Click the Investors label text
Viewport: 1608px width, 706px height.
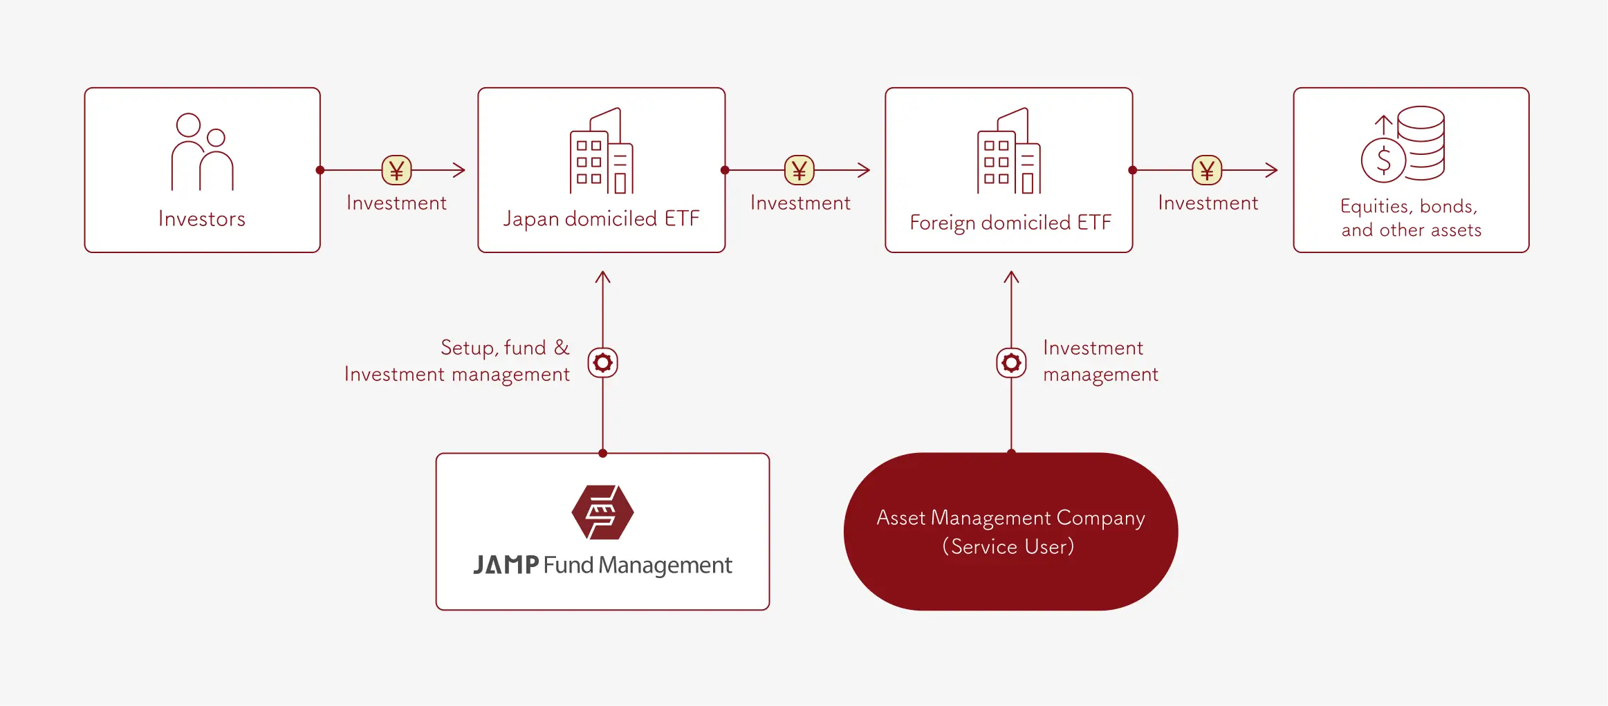click(202, 219)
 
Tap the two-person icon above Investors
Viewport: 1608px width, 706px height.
click(202, 152)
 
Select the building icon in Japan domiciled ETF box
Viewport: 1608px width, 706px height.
click(601, 151)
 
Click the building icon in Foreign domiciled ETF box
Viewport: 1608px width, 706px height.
click(1008, 151)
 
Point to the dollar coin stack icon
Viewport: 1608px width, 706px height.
click(1403, 145)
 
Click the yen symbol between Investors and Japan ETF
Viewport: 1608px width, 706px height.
click(396, 170)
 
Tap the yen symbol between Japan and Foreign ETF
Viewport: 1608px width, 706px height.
click(799, 170)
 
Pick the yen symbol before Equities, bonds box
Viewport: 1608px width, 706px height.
click(1207, 170)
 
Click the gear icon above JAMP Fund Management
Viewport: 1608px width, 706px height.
click(602, 362)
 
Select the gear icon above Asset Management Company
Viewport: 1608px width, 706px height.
click(1011, 362)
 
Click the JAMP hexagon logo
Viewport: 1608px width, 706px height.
click(602, 512)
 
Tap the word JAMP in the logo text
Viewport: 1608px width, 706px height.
click(506, 565)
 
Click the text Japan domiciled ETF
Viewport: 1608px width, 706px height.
click(601, 219)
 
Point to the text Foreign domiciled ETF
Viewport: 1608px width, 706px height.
click(1010, 223)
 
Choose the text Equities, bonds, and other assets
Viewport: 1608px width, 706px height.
click(1411, 218)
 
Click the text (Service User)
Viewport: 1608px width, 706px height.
click(1008, 547)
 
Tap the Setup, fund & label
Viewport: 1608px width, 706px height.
click(505, 347)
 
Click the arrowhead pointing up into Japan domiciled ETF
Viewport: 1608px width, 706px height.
click(602, 277)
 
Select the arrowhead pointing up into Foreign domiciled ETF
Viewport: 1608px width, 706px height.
click(1011, 277)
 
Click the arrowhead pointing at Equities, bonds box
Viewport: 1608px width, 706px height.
click(1272, 170)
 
